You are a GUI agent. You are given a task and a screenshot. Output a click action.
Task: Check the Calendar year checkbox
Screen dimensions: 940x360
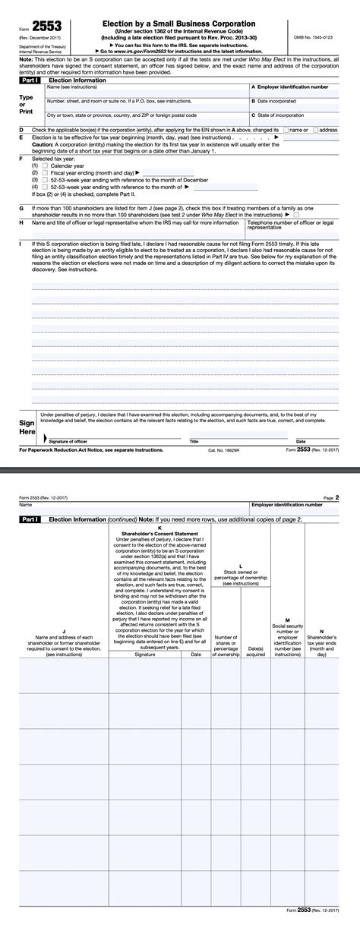[45, 165]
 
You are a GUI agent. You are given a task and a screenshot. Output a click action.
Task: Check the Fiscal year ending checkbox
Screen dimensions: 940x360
[45, 172]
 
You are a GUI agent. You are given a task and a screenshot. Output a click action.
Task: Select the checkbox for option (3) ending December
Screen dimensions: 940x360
[45, 179]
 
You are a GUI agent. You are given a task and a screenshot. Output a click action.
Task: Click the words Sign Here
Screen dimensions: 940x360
[27, 425]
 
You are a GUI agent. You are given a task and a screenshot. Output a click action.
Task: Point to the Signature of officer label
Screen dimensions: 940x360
[68, 441]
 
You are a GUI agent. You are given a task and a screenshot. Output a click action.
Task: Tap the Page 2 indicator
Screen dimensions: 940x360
[331, 497]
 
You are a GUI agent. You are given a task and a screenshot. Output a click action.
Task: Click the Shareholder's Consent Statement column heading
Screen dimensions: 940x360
[159, 532]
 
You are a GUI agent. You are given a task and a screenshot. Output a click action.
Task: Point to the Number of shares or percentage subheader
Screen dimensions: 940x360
[226, 645]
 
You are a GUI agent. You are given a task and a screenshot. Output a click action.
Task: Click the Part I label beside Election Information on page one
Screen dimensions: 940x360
[30, 79]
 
